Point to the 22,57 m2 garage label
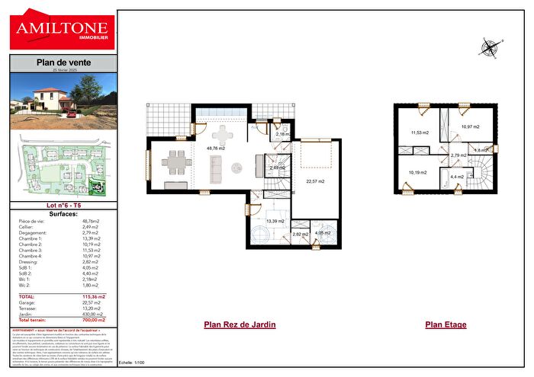[315, 181]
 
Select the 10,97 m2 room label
[470, 126]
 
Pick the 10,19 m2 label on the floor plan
[418, 172]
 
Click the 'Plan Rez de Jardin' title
[240, 324]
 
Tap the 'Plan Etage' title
[446, 324]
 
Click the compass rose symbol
[488, 49]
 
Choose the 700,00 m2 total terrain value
[94, 320]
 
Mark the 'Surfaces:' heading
[63, 214]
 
